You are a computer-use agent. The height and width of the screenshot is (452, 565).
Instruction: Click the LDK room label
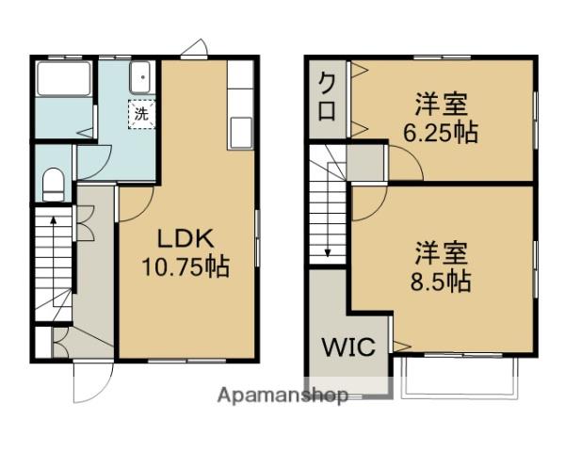186,238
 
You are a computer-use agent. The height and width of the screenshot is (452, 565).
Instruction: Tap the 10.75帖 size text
186,266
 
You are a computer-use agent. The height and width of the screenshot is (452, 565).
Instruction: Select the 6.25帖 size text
441,133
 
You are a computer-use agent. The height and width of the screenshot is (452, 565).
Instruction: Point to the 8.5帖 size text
441,282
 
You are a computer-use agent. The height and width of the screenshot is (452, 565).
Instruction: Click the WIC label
348,347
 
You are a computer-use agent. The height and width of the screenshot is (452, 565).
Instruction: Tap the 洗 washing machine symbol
141,114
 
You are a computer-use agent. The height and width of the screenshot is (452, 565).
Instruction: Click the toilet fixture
54,185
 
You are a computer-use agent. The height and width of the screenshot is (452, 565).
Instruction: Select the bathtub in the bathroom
64,79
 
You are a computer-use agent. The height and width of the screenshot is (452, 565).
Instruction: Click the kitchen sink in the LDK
241,133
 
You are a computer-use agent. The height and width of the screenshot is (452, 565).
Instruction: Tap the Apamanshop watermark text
282,395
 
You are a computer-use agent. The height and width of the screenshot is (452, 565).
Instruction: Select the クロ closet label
327,97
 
